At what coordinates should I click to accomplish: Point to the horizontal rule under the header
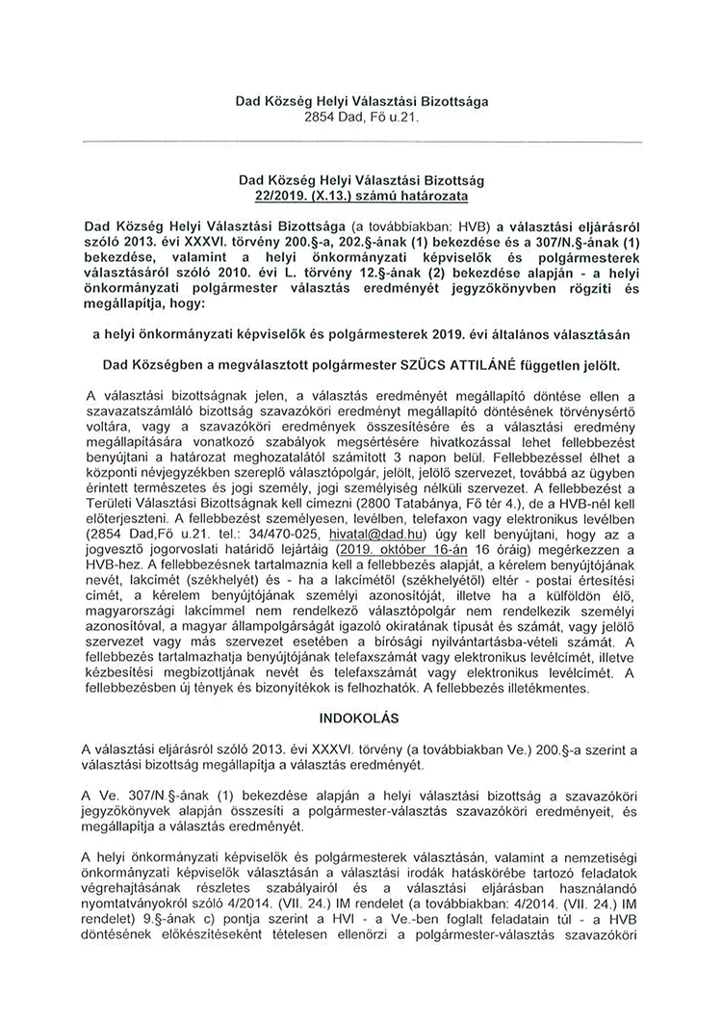click(x=362, y=143)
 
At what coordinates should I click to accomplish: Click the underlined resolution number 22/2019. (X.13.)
click(x=362, y=196)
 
